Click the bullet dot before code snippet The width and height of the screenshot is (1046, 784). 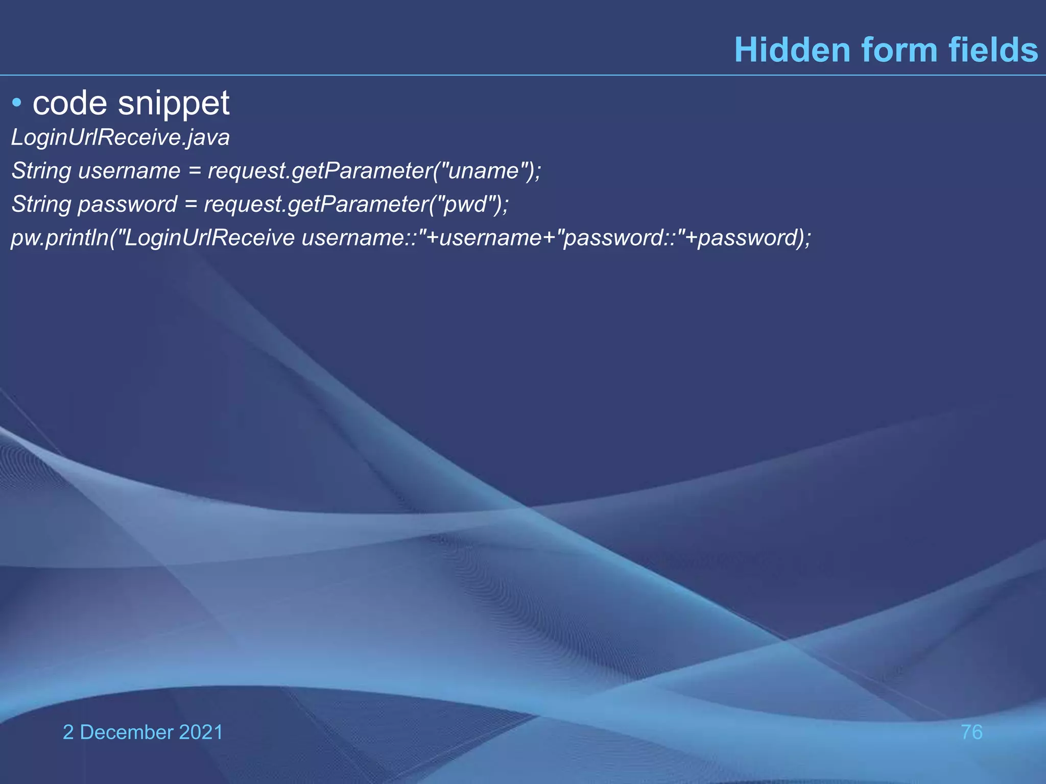point(17,104)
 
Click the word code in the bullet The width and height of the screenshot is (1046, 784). point(70,104)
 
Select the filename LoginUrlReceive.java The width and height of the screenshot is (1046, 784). point(121,137)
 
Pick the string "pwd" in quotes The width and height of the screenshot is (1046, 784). point(466,204)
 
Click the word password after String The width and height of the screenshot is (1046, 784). point(127,204)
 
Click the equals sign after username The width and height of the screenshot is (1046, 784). point(194,170)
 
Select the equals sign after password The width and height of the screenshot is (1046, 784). point(191,204)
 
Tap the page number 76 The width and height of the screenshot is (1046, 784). point(971,732)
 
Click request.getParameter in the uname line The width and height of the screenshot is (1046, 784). point(320,170)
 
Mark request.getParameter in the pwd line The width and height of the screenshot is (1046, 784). point(316,204)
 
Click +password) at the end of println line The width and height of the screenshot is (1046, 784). point(746,238)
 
